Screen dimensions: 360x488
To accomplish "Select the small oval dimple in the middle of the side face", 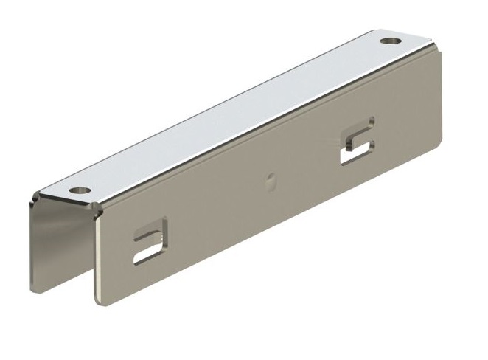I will click(x=271, y=178).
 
